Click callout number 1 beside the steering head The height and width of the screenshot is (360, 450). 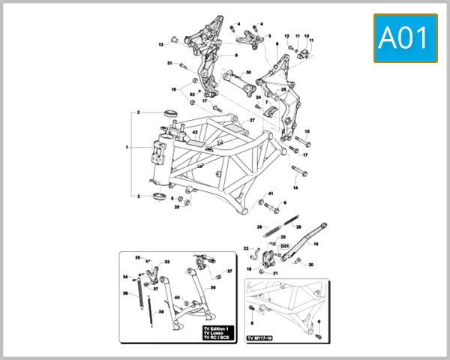(127, 148)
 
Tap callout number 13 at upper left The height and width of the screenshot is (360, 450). (160, 45)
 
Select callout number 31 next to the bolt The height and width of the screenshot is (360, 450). (170, 64)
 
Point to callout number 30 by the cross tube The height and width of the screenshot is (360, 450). (248, 72)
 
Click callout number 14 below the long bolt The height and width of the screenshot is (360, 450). (295, 187)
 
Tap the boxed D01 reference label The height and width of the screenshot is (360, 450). (284, 245)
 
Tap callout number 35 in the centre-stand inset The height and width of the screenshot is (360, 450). (138, 257)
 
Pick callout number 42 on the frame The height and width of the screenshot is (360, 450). (195, 132)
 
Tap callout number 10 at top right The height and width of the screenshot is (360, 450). (306, 35)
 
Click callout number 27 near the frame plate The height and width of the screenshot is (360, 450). (253, 120)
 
